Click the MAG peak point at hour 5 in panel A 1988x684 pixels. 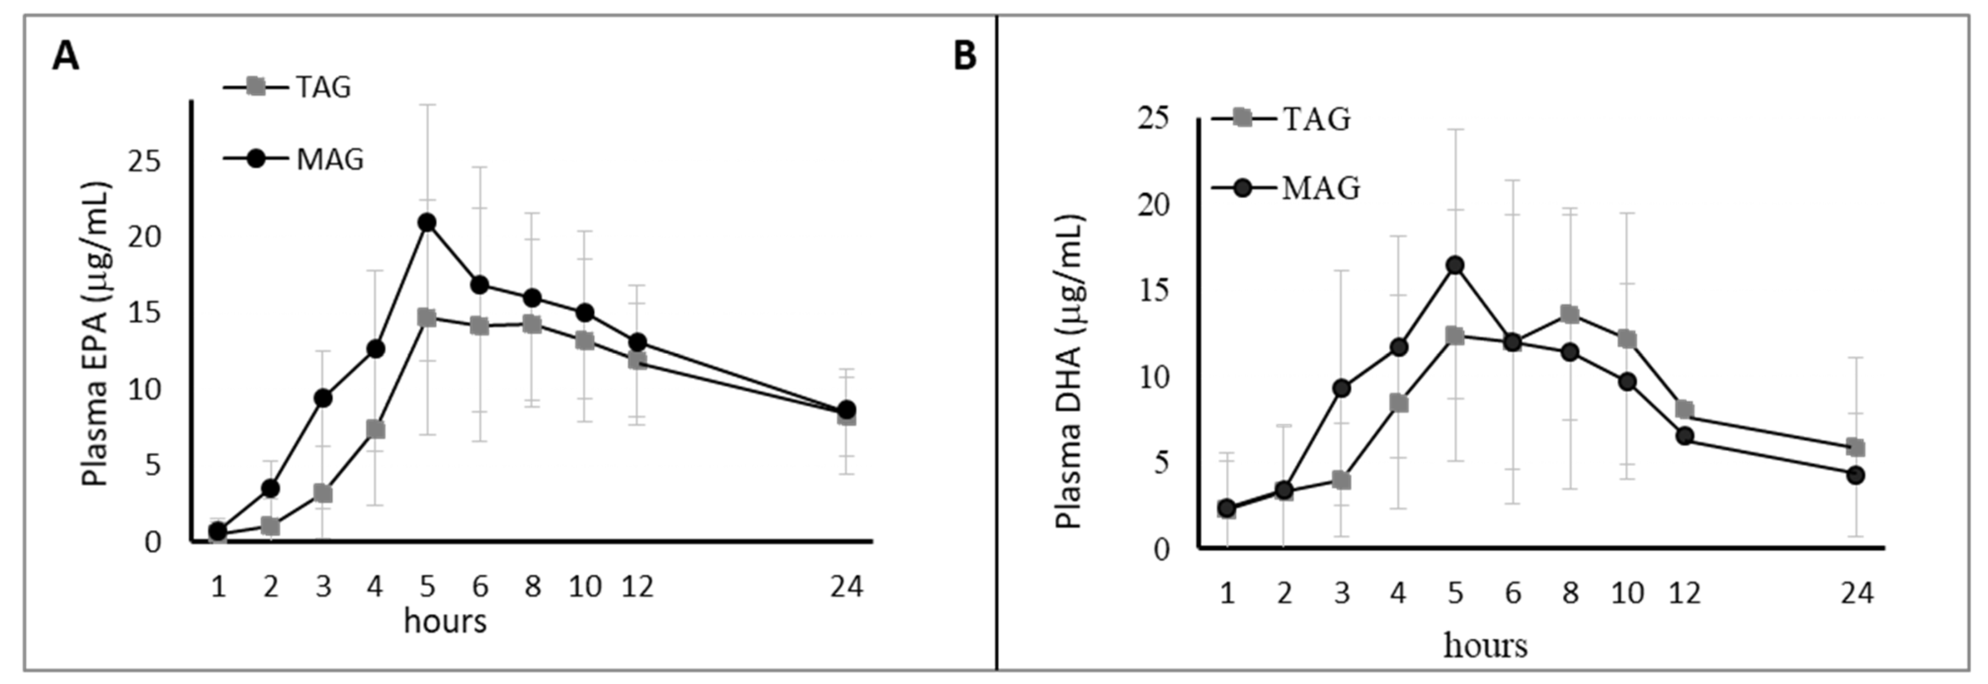[427, 222]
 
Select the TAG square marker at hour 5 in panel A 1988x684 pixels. [427, 317]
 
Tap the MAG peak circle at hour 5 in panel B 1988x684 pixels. [1455, 266]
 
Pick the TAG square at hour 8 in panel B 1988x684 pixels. [1570, 313]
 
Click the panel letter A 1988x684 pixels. [66, 57]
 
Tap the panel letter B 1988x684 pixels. [965, 57]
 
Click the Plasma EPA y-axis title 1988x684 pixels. [97, 334]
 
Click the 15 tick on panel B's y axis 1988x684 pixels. [1153, 291]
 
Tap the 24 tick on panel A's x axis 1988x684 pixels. [847, 587]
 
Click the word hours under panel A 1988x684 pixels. [446, 621]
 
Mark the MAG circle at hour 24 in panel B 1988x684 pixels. [1855, 475]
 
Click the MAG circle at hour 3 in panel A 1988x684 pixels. [323, 399]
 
